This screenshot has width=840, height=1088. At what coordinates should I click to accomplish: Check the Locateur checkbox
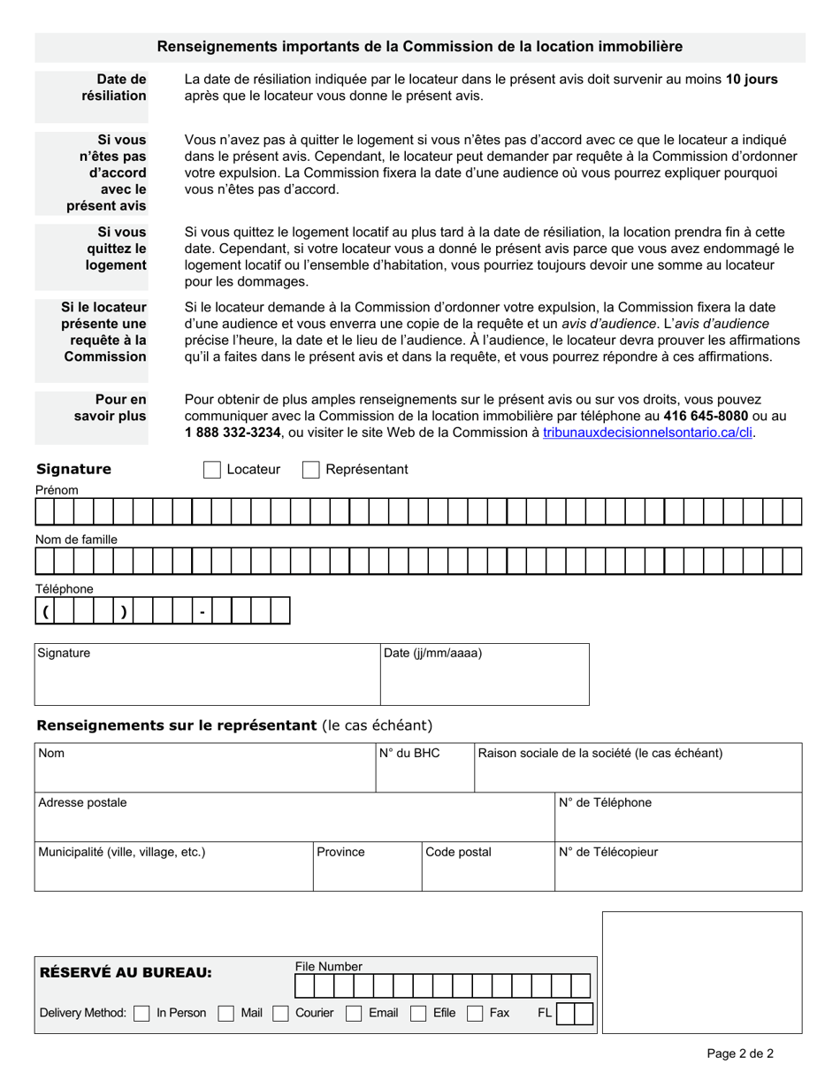coord(211,470)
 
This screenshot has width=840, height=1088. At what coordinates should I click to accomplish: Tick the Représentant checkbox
coord(310,470)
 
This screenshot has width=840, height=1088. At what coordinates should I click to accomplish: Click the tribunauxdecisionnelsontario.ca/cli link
coord(649,433)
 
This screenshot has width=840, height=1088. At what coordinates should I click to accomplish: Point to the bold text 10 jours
coord(752,79)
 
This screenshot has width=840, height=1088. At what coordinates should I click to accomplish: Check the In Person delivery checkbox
coord(141,1014)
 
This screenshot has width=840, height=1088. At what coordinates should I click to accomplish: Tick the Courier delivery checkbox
coord(281,1014)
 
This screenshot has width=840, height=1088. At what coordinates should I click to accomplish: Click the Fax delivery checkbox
coord(476,1014)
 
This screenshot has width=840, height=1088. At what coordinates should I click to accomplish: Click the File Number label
coord(328,967)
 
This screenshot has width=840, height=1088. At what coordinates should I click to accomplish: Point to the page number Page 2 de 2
coord(740,1053)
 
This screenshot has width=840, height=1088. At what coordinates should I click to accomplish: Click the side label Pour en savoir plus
coord(111,408)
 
